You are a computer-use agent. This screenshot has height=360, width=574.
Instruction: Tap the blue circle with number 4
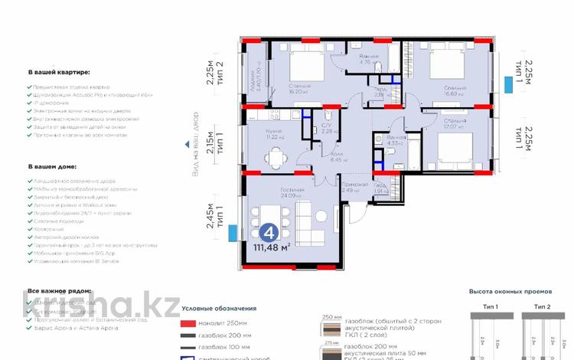tap(269, 230)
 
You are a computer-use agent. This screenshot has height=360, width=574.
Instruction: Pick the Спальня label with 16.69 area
tap(455, 89)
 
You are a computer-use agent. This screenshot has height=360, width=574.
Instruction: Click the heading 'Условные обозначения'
tap(219, 308)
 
